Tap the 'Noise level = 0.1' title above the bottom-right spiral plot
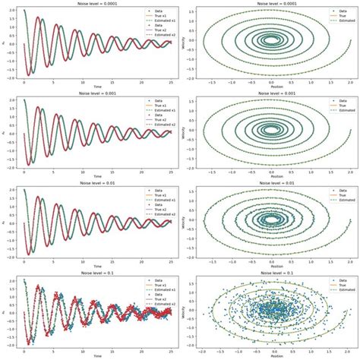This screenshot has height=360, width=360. (271, 273)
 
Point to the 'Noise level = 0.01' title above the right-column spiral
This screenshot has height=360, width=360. (271, 183)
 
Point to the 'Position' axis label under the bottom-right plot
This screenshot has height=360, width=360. (271, 355)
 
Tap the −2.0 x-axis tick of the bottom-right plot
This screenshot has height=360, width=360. (200, 350)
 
